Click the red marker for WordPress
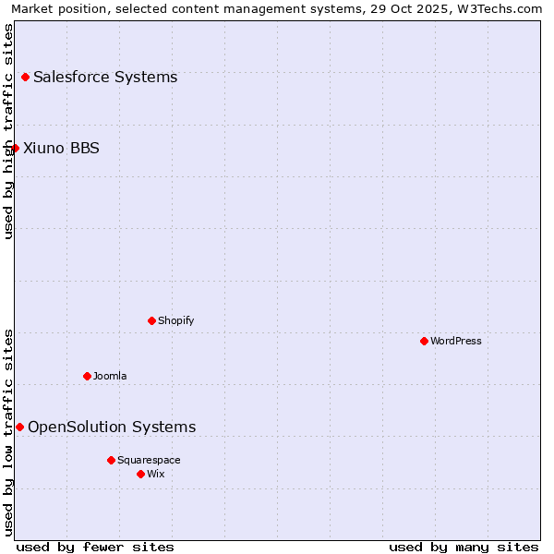(424, 341)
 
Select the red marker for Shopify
(151, 320)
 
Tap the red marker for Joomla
(87, 376)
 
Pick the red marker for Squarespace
(111, 460)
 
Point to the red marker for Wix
(140, 474)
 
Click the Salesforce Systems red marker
(25, 77)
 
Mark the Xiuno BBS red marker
(15, 148)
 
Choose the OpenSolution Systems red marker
(19, 427)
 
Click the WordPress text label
(456, 341)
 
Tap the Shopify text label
(176, 320)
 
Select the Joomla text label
(110, 376)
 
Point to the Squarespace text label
(149, 460)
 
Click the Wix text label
(156, 474)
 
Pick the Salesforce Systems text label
(105, 77)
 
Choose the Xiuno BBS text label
(61, 148)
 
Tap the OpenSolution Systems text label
(112, 427)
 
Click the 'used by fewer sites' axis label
(95, 547)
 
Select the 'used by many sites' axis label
(464, 547)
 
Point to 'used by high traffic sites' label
(8, 131)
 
